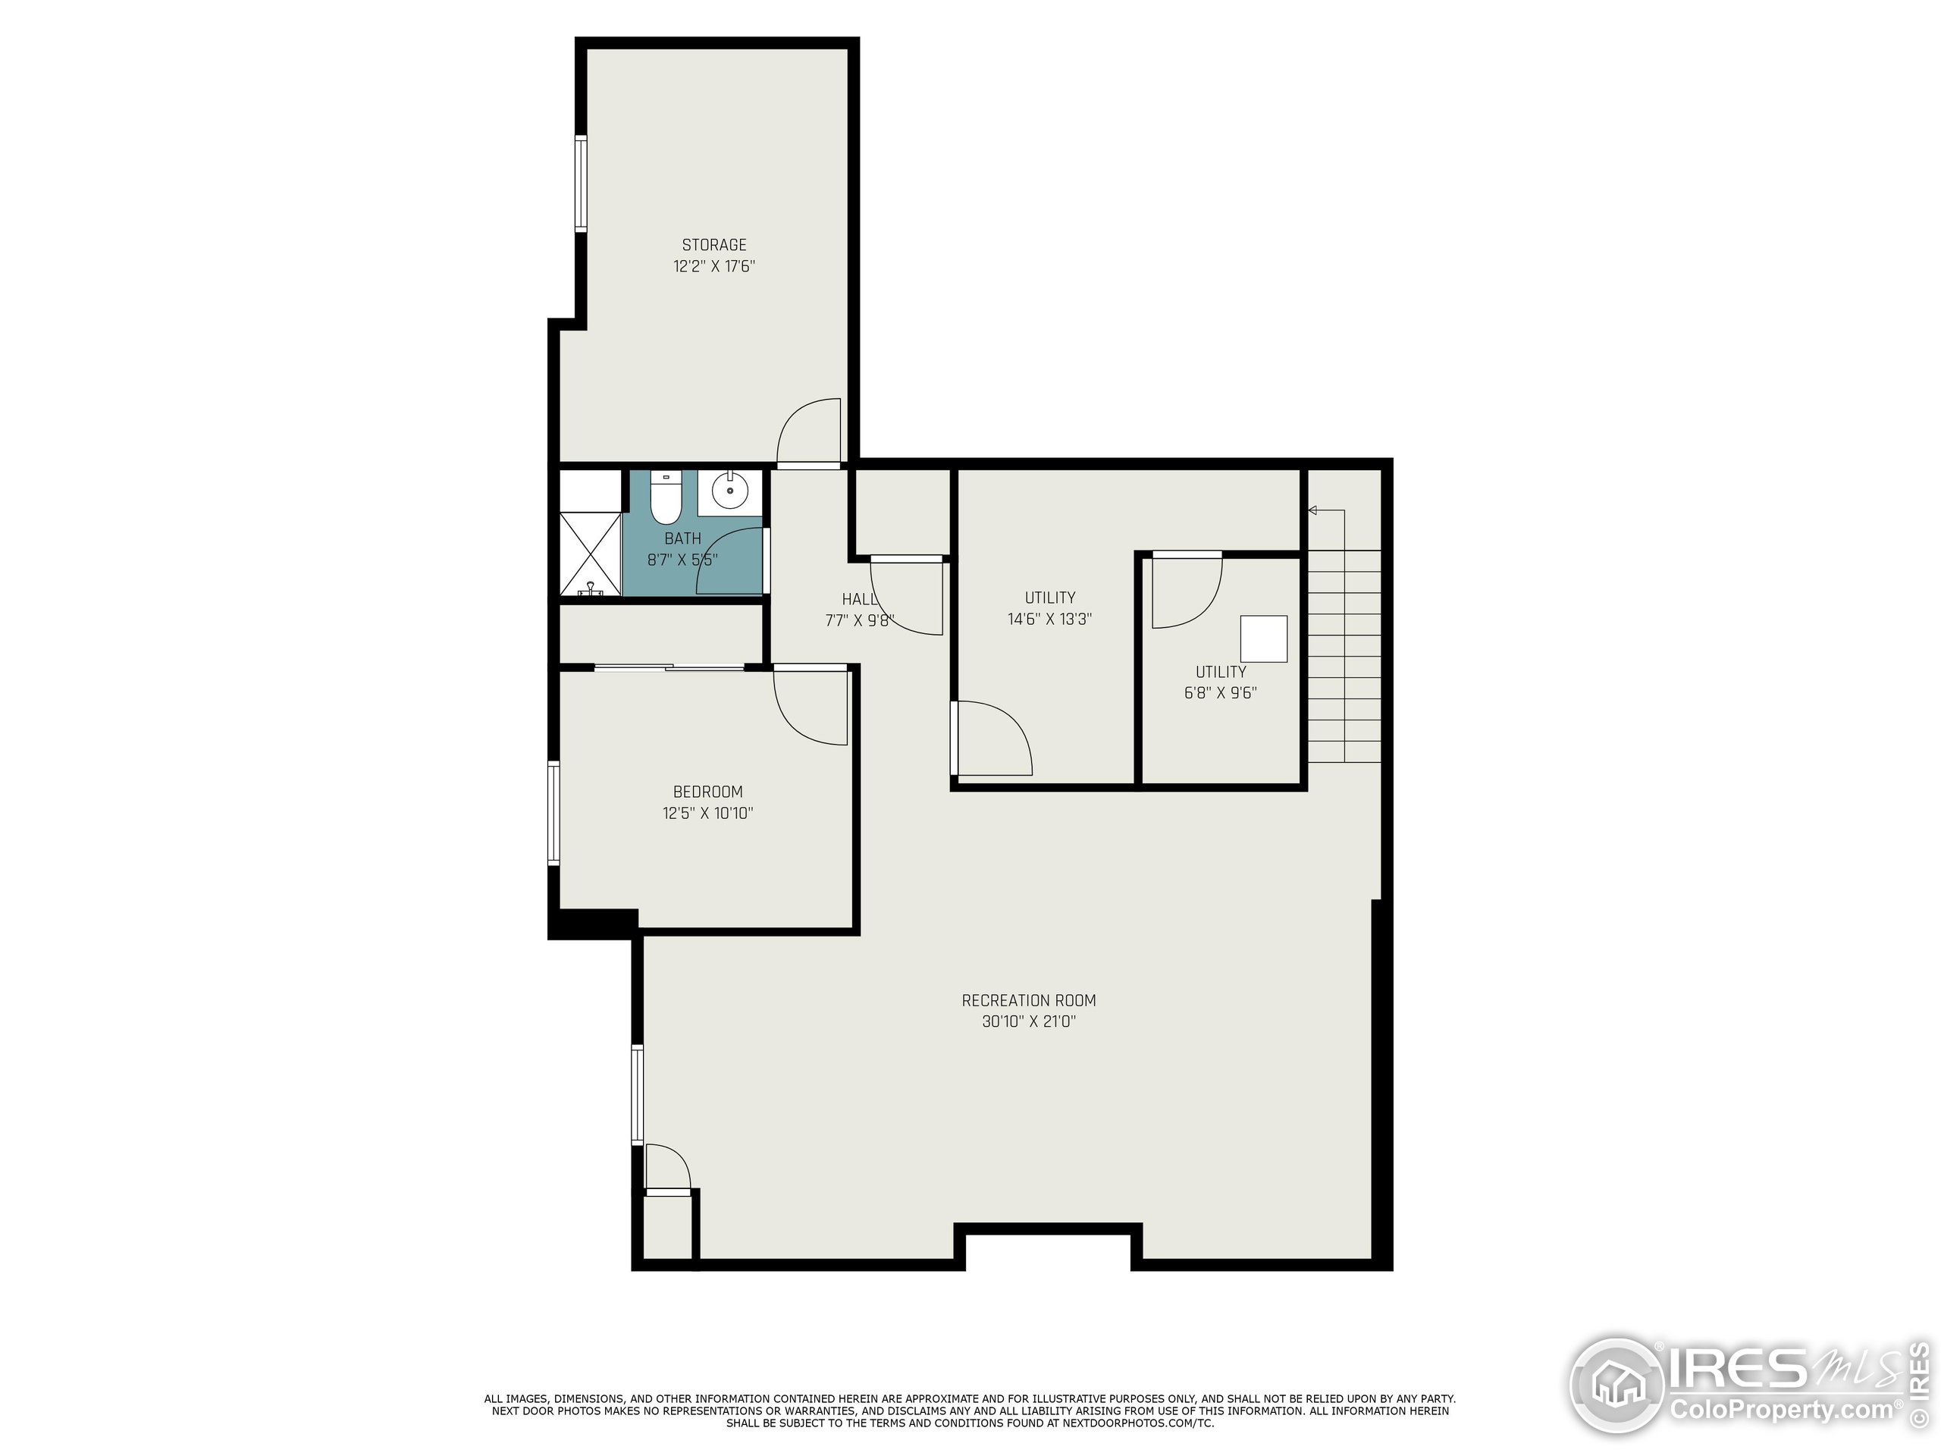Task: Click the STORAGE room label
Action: click(x=714, y=245)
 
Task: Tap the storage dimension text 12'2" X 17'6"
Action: click(x=714, y=266)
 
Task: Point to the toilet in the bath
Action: click(x=666, y=497)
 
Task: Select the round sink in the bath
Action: click(x=729, y=491)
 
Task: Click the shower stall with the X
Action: click(x=591, y=552)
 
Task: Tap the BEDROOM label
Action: click(x=708, y=792)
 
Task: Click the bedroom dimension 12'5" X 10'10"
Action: click(x=708, y=813)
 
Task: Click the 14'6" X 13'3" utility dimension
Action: click(x=1049, y=619)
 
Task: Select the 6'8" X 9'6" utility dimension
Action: click(x=1221, y=692)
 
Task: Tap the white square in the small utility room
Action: click(x=1264, y=639)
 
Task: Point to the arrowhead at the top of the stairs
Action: click(x=1312, y=510)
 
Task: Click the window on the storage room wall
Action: click(x=580, y=183)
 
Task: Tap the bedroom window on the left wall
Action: click(x=553, y=813)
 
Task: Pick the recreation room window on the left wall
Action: click(x=637, y=1094)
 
